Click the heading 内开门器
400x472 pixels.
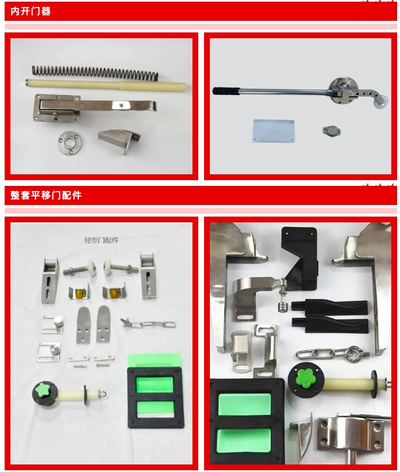pos(30,12)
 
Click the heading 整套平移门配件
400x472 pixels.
pos(46,195)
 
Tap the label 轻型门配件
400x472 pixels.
pos(101,240)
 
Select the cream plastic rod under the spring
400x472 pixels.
pos(106,85)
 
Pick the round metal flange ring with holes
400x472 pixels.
pos(70,142)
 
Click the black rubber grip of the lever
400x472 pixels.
pos(226,90)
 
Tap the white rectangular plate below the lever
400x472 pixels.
pos(273,131)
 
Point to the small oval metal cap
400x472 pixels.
pos(332,131)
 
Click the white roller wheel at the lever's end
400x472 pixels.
pos(381,103)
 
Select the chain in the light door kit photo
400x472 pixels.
pos(148,324)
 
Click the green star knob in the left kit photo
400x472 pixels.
pos(43,390)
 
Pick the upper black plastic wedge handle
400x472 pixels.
pos(329,307)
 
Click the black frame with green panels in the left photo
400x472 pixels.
pos(155,397)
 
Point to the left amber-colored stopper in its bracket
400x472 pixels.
pos(80,292)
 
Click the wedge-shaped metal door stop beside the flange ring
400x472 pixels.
pos(119,140)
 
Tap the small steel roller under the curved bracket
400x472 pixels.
pos(283,308)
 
